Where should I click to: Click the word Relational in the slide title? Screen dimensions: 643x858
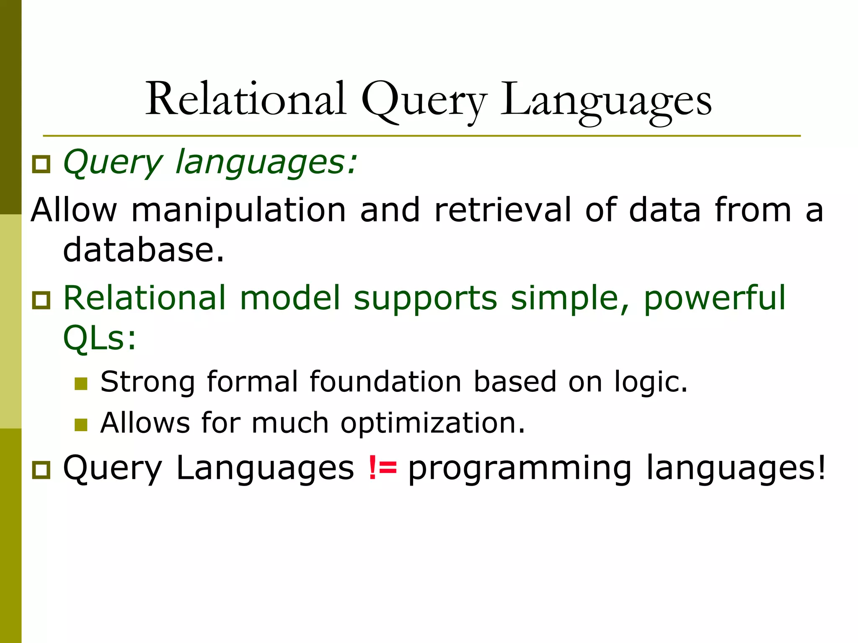pyautogui.click(x=246, y=100)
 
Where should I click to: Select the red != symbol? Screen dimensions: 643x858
pyautogui.click(x=382, y=468)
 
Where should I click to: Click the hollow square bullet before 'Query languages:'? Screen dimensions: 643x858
pyautogui.click(x=41, y=164)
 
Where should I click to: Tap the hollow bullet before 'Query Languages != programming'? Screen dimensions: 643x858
pyautogui.click(x=41, y=470)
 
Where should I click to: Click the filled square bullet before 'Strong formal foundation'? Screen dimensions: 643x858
pyautogui.click(x=81, y=383)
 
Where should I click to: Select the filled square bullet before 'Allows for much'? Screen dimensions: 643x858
pyautogui.click(x=81, y=424)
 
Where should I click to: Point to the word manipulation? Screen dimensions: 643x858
pyautogui.click(x=238, y=210)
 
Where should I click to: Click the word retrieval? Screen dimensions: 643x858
pyautogui.click(x=502, y=210)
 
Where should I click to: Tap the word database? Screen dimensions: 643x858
pyautogui.click(x=143, y=250)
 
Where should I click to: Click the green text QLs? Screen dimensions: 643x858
pyautogui.click(x=100, y=338)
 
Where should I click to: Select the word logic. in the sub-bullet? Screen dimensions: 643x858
pyautogui.click(x=651, y=383)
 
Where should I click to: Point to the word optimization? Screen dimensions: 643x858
pyautogui.click(x=432, y=424)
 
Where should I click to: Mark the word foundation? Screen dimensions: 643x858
pyautogui.click(x=385, y=382)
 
